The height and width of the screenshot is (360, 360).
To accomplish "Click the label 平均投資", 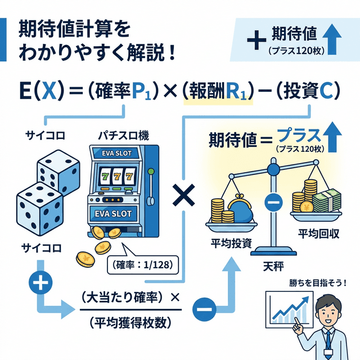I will pos(231,243).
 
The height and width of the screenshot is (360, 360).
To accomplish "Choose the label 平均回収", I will pos(318,233).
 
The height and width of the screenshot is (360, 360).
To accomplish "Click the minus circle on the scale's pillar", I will pos(273,201).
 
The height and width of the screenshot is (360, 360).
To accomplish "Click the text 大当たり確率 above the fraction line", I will pos(125,296).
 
